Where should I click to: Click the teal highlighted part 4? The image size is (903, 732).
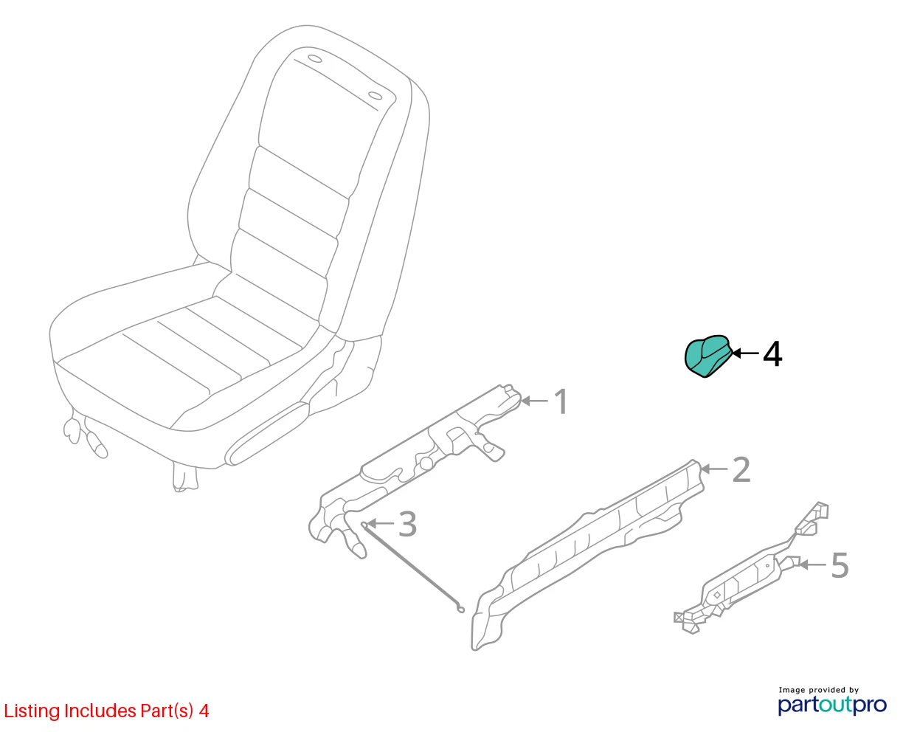tap(707, 356)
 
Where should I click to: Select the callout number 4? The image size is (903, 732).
tap(772, 354)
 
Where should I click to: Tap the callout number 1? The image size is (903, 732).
tap(561, 401)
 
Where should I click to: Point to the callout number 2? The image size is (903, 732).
tap(741, 469)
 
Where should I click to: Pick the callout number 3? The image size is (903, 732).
tap(407, 524)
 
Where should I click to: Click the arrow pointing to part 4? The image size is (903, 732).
tap(745, 353)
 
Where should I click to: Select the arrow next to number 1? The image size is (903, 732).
tap(534, 401)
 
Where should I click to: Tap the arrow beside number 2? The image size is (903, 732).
tap(714, 469)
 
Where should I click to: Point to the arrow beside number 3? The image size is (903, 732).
tap(380, 523)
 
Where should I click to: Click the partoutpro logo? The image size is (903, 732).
tap(832, 705)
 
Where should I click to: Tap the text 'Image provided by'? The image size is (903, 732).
tap(819, 690)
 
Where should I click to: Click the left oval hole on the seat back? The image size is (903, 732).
tap(315, 58)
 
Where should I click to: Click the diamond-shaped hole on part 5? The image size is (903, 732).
tap(717, 595)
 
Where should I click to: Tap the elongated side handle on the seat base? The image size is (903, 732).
tap(267, 433)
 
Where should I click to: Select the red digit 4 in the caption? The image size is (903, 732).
tap(204, 711)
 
